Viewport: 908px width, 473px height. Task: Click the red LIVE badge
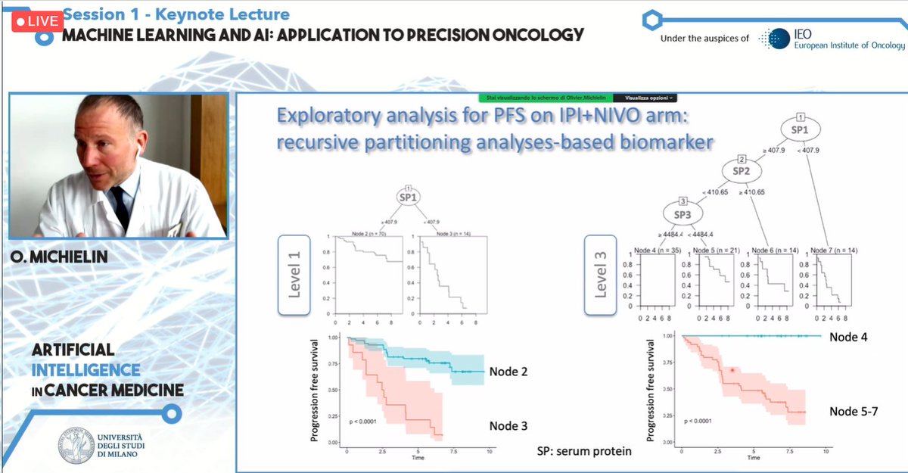[x=36, y=21]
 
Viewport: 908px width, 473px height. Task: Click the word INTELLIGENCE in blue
[x=86, y=370]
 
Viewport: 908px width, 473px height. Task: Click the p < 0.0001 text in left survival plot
[x=366, y=419]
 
